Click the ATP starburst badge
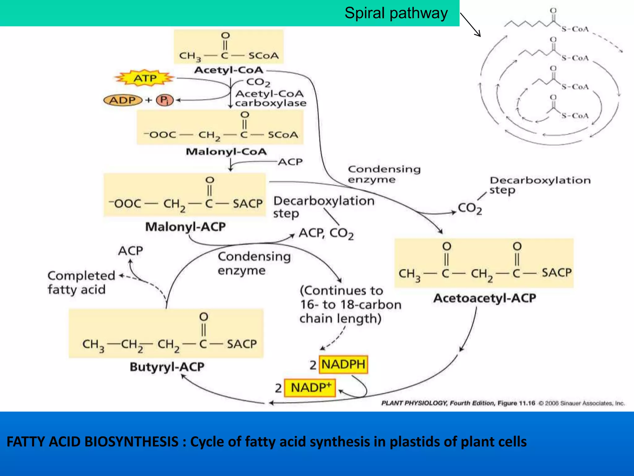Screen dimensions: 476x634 tap(145, 78)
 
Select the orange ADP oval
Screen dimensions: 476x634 tap(123, 100)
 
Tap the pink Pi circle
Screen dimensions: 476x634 tap(165, 100)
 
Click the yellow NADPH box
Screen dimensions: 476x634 tap(343, 364)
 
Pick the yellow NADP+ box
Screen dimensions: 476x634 tap(310, 388)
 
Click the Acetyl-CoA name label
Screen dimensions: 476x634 tap(228, 70)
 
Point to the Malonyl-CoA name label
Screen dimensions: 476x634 tap(226, 152)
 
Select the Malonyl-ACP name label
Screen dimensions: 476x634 tap(185, 227)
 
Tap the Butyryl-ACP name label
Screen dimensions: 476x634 tap(167, 367)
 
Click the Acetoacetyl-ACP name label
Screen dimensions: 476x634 tap(484, 298)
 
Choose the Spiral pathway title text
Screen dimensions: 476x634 tap(396, 13)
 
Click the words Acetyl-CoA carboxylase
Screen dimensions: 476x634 tap(270, 99)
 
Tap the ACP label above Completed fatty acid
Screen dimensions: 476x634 tap(130, 251)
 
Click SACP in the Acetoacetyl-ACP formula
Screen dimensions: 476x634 tap(556, 273)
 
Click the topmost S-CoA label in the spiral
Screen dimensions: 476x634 tap(575, 29)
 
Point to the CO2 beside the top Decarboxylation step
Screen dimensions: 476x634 tap(470, 208)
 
